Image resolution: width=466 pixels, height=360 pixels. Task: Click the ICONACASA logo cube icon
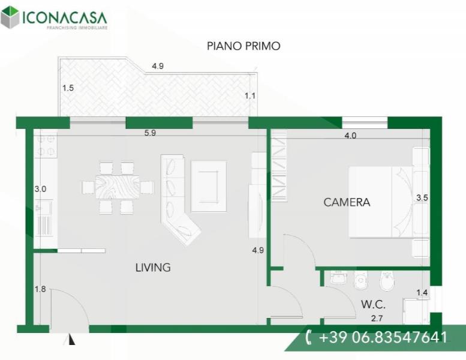pyautogui.click(x=10, y=17)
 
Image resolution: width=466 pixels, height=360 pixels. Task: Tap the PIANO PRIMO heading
pyautogui.click(x=243, y=46)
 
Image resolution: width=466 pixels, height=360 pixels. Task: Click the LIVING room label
pyautogui.click(x=153, y=268)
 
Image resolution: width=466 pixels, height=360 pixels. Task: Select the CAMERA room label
pyautogui.click(x=347, y=202)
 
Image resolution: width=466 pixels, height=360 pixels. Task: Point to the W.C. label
pyautogui.click(x=373, y=304)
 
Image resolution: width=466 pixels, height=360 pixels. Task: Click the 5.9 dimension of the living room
pyautogui.click(x=150, y=133)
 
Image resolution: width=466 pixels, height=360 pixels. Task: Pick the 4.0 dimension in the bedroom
pyautogui.click(x=350, y=136)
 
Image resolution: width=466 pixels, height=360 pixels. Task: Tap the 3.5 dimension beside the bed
pyautogui.click(x=422, y=197)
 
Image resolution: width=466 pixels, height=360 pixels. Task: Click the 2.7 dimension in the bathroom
pyautogui.click(x=377, y=319)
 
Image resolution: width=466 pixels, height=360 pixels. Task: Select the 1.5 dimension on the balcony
pyautogui.click(x=68, y=88)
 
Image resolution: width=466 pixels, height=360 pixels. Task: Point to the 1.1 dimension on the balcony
pyautogui.click(x=250, y=96)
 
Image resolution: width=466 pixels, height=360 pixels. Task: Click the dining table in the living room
pyautogui.click(x=118, y=187)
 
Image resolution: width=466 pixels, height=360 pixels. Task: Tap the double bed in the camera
pyautogui.click(x=381, y=202)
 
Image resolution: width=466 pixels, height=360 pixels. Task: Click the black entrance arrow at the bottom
pyautogui.click(x=71, y=340)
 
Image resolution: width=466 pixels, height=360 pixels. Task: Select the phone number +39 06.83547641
pyautogui.click(x=383, y=337)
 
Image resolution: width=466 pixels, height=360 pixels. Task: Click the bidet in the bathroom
pyautogui.click(x=387, y=281)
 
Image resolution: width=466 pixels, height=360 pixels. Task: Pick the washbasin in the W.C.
pyautogui.click(x=339, y=278)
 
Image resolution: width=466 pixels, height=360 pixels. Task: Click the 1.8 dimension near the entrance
pyautogui.click(x=40, y=289)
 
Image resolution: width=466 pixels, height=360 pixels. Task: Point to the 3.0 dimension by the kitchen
pyautogui.click(x=40, y=189)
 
